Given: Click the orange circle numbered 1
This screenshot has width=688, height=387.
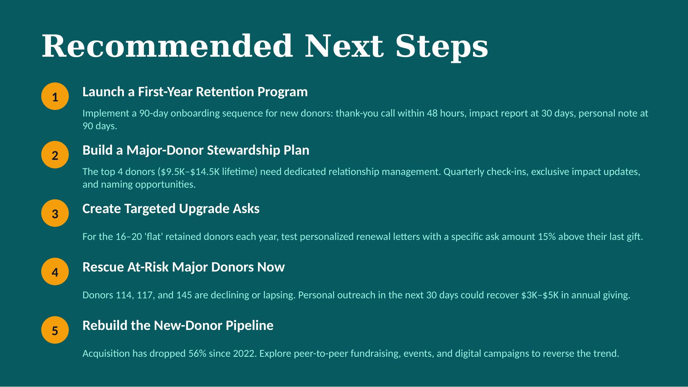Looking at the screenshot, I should [x=55, y=96].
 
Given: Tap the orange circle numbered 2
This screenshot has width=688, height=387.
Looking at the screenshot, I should [x=55, y=155].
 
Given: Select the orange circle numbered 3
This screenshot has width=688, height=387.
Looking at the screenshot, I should [x=55, y=213].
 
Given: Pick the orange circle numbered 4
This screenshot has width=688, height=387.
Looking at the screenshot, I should [x=55, y=272].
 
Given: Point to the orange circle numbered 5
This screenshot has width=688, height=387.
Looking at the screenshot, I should [x=55, y=330].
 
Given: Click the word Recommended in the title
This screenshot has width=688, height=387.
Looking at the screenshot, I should [x=167, y=46].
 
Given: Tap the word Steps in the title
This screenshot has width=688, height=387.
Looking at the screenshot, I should [x=442, y=46].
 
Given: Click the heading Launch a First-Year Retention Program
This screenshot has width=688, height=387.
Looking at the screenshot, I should [x=195, y=92].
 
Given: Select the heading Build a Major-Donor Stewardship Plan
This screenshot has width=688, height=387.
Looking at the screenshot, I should [x=196, y=150].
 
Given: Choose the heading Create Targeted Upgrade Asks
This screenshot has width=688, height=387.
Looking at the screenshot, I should [x=171, y=209].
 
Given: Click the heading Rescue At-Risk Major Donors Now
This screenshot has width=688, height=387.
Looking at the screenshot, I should [x=184, y=267].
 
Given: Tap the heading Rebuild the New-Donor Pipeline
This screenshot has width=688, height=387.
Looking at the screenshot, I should [x=178, y=325].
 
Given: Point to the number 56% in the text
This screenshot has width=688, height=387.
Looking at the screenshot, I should [x=197, y=353].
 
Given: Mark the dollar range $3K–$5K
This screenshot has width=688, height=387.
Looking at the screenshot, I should [x=540, y=295].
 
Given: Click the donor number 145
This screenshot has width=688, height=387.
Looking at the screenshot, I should [x=184, y=295].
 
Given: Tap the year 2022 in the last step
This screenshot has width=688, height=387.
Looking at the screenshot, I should [x=245, y=353].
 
